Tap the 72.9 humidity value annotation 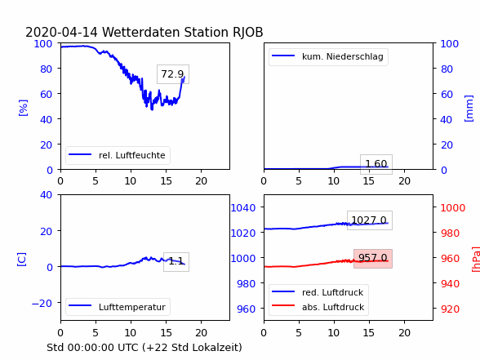(x=173, y=74)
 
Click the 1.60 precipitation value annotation (x=376, y=164)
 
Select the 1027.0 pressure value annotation (x=370, y=220)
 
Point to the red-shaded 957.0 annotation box (x=373, y=259)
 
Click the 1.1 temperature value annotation (x=176, y=262)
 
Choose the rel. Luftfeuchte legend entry (x=118, y=155)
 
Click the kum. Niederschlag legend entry (x=328, y=56)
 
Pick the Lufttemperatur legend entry (x=118, y=307)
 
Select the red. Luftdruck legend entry (x=318, y=292)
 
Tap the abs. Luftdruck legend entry (x=318, y=307)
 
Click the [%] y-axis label (x=23, y=108)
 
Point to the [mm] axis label (x=469, y=109)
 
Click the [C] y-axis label (x=22, y=260)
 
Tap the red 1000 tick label (x=453, y=208)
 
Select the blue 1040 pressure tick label (x=243, y=208)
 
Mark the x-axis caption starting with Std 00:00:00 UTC (x=144, y=348)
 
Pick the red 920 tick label (x=450, y=309)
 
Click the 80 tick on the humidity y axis (x=47, y=69)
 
